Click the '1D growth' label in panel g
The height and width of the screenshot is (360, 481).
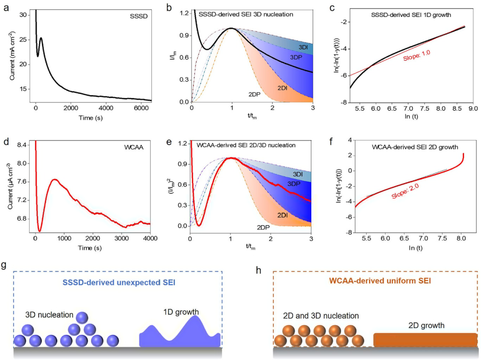coord(180,312)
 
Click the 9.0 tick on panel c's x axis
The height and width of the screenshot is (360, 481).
coord(473,107)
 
